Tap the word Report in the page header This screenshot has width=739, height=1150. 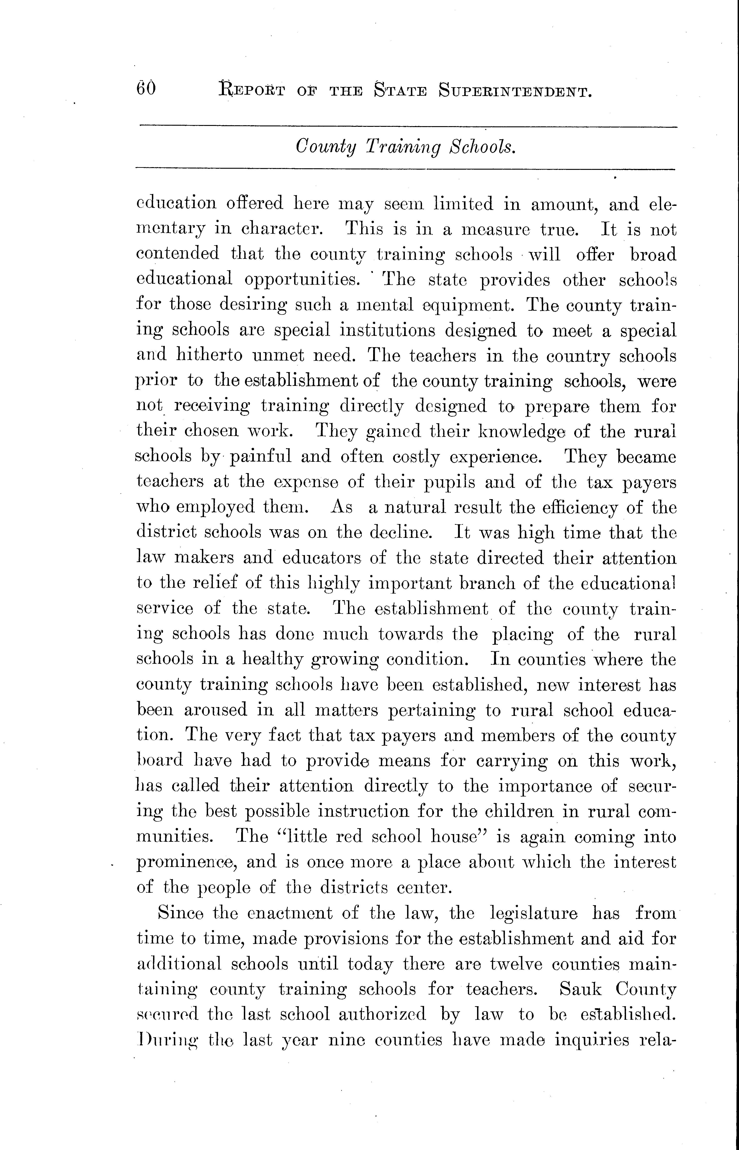coord(252,90)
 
